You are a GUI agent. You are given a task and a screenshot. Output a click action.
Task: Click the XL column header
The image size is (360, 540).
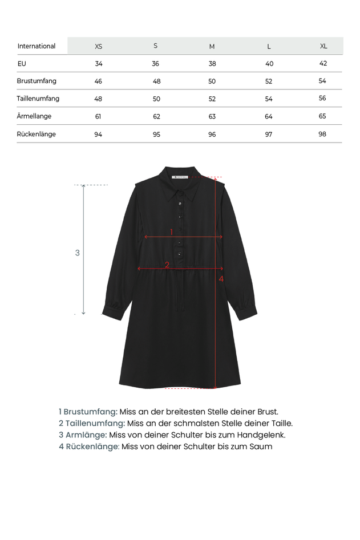pyautogui.click(x=323, y=46)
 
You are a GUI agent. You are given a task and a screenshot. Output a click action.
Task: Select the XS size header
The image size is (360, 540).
pyautogui.click(x=99, y=46)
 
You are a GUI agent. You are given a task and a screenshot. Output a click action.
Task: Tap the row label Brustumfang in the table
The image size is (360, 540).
pyautogui.click(x=37, y=81)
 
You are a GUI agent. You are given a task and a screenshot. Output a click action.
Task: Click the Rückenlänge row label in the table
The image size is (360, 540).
pyautogui.click(x=37, y=134)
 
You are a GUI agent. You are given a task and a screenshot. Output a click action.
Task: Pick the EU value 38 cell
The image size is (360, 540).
pyautogui.click(x=212, y=64)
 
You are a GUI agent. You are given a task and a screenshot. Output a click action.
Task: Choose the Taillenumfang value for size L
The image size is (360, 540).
pyautogui.click(x=269, y=99)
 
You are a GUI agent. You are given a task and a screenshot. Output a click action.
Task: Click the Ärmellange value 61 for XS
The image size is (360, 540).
pyautogui.click(x=98, y=116)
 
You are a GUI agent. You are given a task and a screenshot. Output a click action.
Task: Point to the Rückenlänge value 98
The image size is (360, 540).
pyautogui.click(x=323, y=134)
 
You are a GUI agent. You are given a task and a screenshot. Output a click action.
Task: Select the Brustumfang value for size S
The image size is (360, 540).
pyautogui.click(x=157, y=82)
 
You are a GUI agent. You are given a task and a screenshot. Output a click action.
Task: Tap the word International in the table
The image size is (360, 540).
pyautogui.click(x=37, y=46)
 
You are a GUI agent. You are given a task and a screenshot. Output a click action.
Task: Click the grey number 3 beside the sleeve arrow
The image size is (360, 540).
pyautogui.click(x=78, y=253)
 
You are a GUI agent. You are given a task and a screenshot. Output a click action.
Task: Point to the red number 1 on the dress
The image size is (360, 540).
pyautogui.click(x=171, y=232)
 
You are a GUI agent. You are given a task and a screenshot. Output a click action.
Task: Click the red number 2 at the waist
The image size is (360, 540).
pyautogui.click(x=167, y=265)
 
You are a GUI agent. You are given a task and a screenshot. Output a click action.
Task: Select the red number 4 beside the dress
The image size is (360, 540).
pyautogui.click(x=221, y=278)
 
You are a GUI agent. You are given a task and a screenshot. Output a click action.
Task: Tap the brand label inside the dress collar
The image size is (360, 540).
pyautogui.click(x=180, y=177)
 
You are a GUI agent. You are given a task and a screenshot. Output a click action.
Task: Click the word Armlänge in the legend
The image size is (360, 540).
pyautogui.click(x=86, y=435)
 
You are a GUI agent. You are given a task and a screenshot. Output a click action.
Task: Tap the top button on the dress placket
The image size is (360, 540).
pyautogui.click(x=180, y=204)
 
